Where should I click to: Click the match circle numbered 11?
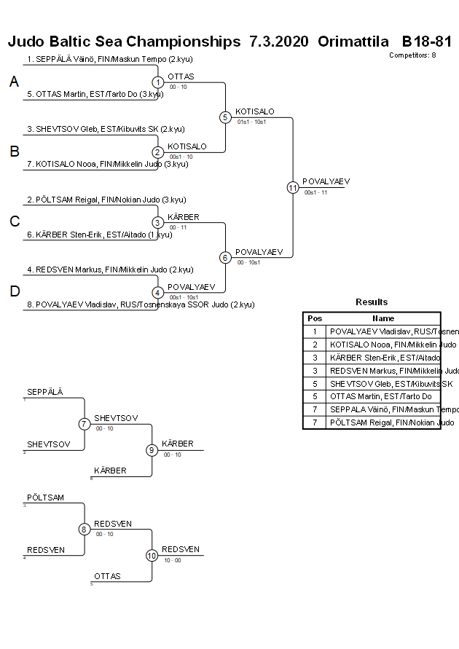pyautogui.click(x=293, y=187)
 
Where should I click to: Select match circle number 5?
pyautogui.click(x=225, y=117)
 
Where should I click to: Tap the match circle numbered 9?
pyautogui.click(x=152, y=450)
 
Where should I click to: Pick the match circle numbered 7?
pyautogui.click(x=85, y=424)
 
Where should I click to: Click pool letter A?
pyautogui.click(x=14, y=82)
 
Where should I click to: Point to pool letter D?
pyautogui.click(x=14, y=292)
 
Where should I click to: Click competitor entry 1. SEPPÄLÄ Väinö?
pyautogui.click(x=109, y=59)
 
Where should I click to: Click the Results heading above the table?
pyautogui.click(x=372, y=302)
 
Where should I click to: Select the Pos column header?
pyautogui.click(x=314, y=318)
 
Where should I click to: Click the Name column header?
pyautogui.click(x=383, y=318)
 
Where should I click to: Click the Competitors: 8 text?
pyautogui.click(x=412, y=55)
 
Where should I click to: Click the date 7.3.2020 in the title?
pyautogui.click(x=279, y=41)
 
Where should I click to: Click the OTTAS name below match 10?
pyautogui.click(x=107, y=576)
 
